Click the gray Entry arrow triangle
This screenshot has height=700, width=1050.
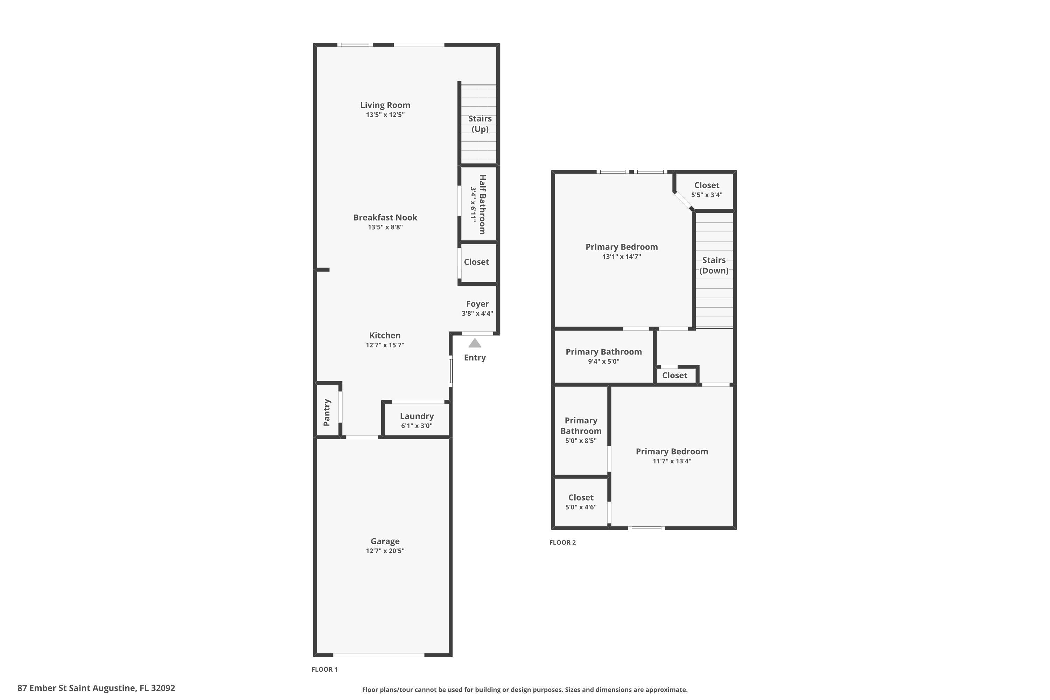click(x=475, y=343)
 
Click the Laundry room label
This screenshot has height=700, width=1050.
click(x=416, y=416)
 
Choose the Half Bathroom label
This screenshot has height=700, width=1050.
click(x=482, y=204)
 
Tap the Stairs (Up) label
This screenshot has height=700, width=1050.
click(x=480, y=124)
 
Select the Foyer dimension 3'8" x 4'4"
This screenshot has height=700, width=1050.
click(x=477, y=313)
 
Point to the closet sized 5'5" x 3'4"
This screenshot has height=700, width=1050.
click(x=706, y=189)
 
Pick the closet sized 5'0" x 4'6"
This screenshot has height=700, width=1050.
click(x=580, y=501)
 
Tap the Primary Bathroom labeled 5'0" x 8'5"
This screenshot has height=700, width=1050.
click(x=580, y=430)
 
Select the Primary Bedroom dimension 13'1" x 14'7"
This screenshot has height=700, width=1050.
click(x=622, y=256)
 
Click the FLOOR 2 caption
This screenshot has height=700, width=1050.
click(x=562, y=542)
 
